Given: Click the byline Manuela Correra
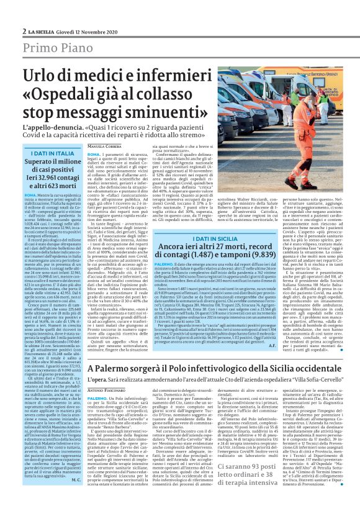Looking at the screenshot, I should click(x=103, y=145).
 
